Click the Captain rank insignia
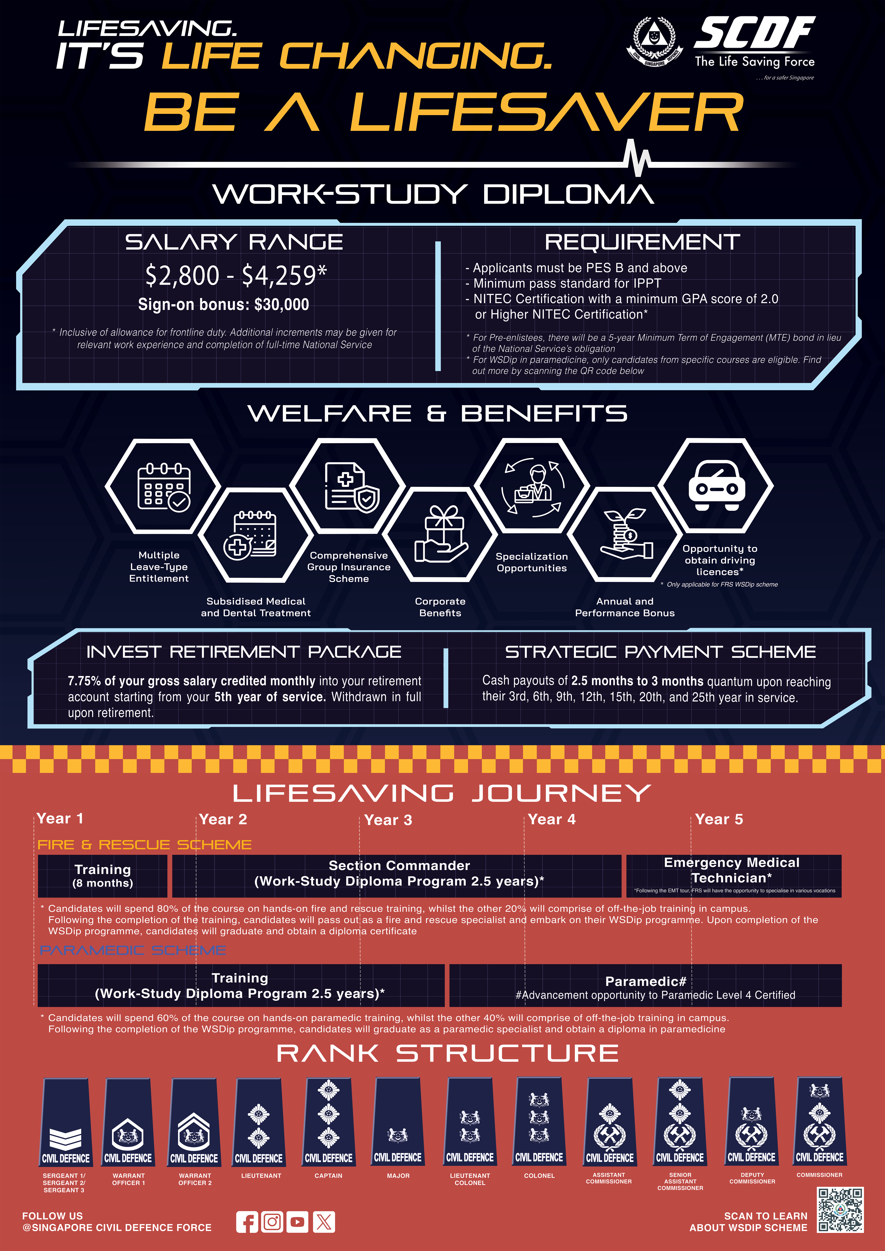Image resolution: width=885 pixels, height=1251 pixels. (329, 1122)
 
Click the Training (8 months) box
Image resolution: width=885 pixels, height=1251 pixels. (102, 876)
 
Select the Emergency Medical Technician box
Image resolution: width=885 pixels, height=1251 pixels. (734, 876)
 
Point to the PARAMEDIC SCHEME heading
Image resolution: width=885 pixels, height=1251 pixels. (133, 950)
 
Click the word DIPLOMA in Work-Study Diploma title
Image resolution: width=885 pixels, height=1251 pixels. (568, 195)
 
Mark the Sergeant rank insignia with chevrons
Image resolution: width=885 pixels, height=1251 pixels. (66, 1122)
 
